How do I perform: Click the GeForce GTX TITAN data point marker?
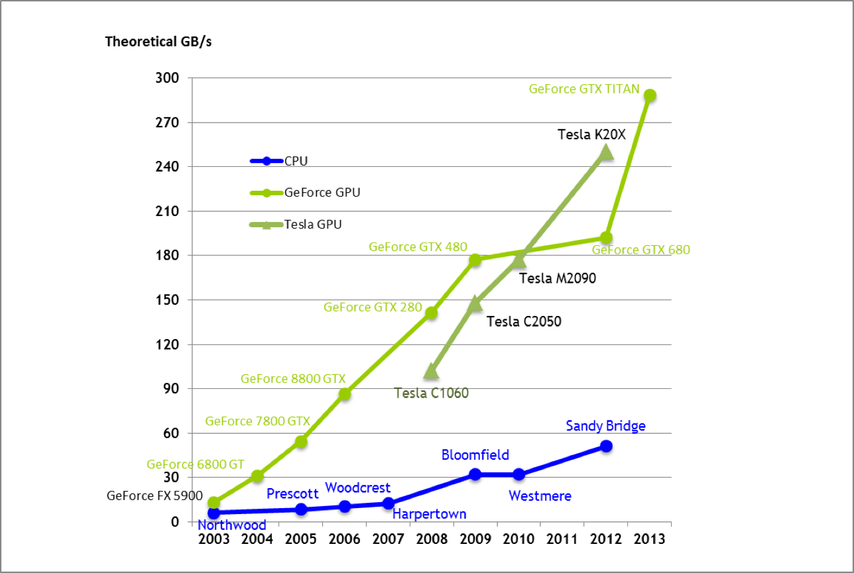point(650,95)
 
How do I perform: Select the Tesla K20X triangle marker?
point(605,153)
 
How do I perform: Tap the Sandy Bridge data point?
point(606,446)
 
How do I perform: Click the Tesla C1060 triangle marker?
point(431,372)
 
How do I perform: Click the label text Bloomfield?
point(475,454)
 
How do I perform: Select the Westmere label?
point(540,495)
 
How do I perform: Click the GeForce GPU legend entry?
point(322,193)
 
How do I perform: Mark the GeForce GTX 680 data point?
point(606,238)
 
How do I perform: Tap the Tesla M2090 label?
point(558,278)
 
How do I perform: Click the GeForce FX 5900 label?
point(147,495)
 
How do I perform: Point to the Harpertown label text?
point(429,514)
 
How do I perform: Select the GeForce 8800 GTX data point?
point(345,394)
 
